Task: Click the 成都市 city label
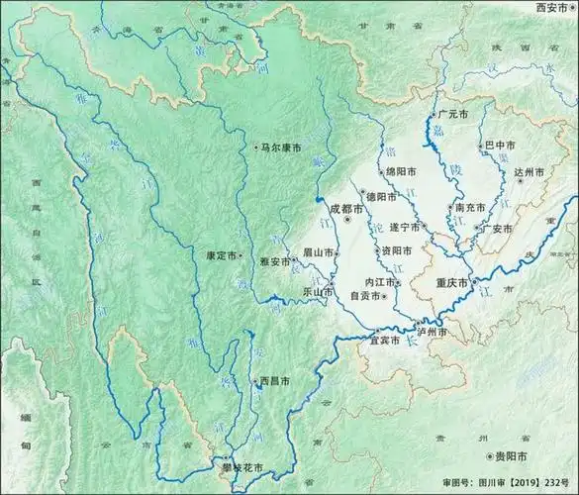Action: point(347,209)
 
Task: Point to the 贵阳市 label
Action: point(515,455)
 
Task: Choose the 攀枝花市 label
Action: point(239,466)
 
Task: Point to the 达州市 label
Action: point(530,172)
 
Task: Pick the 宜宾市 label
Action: point(384,340)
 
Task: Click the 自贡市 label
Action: point(365,294)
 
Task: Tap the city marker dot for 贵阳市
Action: point(490,455)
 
